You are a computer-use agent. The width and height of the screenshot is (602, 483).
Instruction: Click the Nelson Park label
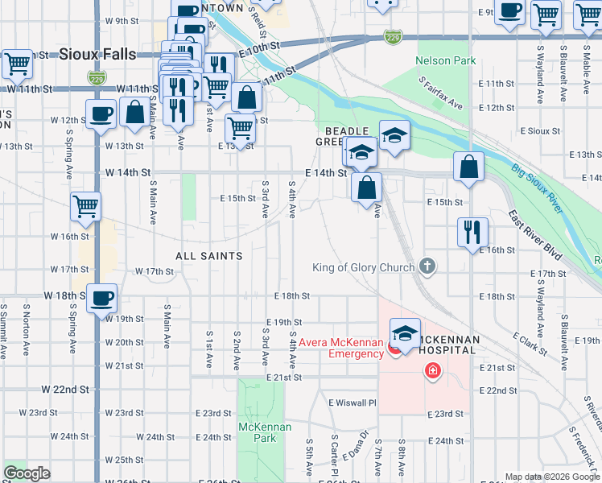coord(445,60)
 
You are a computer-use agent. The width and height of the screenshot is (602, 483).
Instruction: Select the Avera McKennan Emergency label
coord(341,348)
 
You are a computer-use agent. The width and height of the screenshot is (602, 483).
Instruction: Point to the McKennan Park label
coord(258,432)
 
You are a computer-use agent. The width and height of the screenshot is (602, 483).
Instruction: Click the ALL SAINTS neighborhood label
coord(209,255)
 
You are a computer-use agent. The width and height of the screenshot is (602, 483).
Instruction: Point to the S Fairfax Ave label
coord(441,94)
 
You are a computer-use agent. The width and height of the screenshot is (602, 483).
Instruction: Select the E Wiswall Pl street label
coord(352,402)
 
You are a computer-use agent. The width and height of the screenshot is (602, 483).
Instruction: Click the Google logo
coord(27,473)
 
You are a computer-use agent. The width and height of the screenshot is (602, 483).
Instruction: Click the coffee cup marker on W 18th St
coord(102,299)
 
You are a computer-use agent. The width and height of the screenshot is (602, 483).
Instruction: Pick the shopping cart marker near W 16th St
coord(85,206)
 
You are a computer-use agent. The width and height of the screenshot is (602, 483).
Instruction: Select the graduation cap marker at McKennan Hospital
coord(405,333)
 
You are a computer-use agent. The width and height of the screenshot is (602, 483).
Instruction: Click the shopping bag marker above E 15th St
coord(366,188)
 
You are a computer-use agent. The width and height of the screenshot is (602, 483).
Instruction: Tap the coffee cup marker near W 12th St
coord(101,114)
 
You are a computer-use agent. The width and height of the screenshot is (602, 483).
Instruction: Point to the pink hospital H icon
coord(433,370)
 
